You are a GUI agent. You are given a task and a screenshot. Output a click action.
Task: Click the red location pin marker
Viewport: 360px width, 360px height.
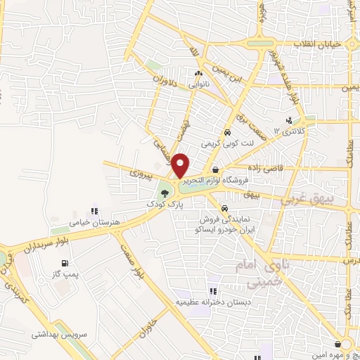tap(180, 165)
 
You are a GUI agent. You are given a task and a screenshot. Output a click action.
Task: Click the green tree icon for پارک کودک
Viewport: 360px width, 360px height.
tap(164, 192)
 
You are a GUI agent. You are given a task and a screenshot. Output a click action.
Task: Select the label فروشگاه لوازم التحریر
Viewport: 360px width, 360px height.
tap(217, 180)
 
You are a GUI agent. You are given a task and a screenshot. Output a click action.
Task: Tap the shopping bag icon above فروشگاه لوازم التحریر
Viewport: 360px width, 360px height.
tap(214, 170)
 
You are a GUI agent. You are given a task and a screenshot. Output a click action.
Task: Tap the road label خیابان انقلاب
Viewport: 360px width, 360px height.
tap(321, 44)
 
